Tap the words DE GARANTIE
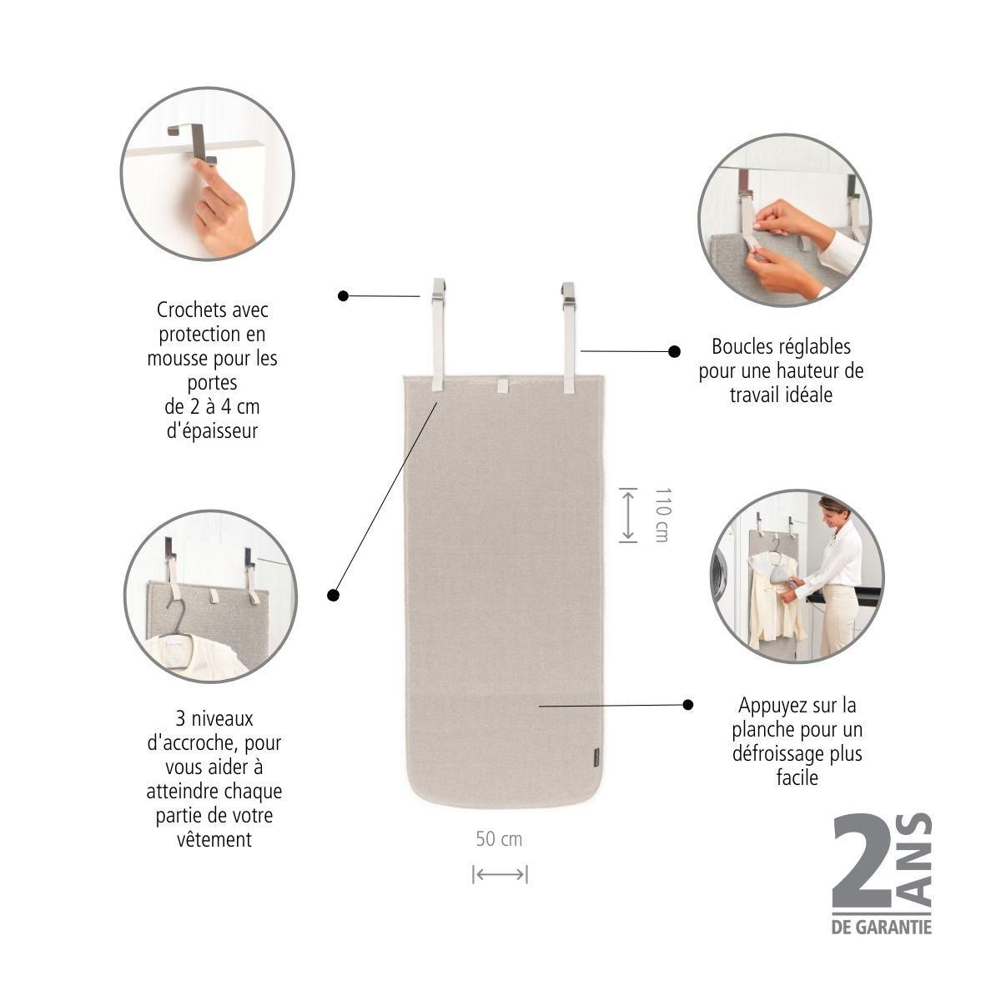pos(881,927)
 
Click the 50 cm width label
pos(499,838)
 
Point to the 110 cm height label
pos(661,516)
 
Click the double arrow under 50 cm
pos(500,874)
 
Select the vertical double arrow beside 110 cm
pos(628,516)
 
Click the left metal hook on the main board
pos(438,294)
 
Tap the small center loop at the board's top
pos(501,385)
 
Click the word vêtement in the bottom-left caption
pos(214,839)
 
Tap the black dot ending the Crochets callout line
pos(343,295)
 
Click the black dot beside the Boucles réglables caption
pos(674,352)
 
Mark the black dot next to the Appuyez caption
pos(687,705)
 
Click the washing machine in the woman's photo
pos(722,576)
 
